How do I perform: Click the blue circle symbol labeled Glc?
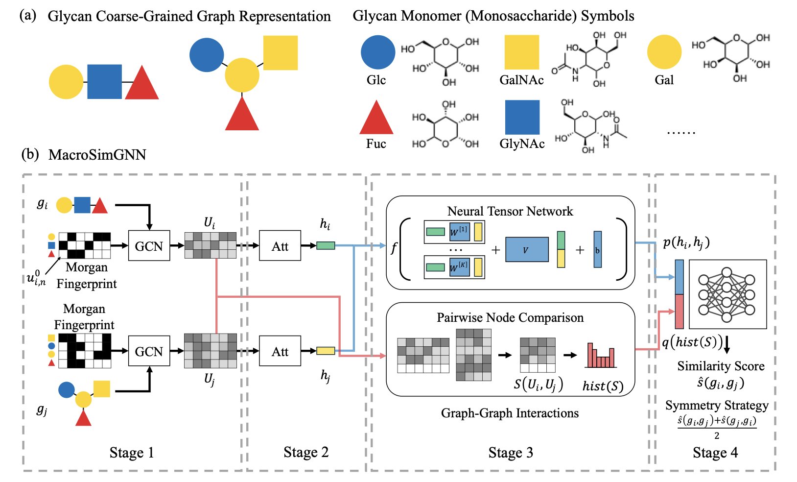pos(378,52)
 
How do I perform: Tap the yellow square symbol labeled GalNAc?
pos(522,52)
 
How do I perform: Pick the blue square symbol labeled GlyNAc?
pos(522,118)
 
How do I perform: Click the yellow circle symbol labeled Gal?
pos(664,52)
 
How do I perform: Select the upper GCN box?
pos(149,246)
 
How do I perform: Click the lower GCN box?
pos(149,351)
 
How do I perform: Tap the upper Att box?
pos(280,246)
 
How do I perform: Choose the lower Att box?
pos(280,351)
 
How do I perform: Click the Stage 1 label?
pos(132,453)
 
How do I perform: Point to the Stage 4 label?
pos(715,453)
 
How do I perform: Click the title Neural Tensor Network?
pos(510,211)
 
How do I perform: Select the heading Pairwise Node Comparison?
pos(510,317)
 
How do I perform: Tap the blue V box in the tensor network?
pos(526,249)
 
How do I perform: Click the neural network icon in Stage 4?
pos(727,294)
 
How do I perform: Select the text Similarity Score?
pos(721,366)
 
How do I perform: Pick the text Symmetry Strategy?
pos(717,405)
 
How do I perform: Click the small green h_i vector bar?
pos(326,245)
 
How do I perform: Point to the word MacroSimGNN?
pos(97,155)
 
